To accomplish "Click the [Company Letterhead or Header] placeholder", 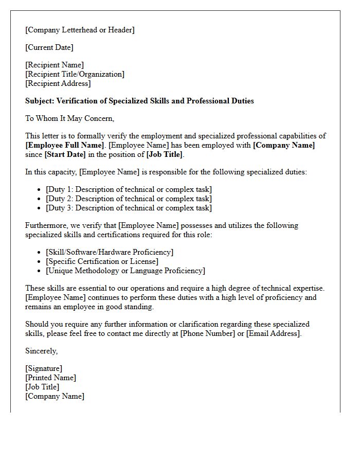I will pyautogui.click(x=80, y=30).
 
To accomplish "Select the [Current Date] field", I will pyautogui.click(x=49, y=47).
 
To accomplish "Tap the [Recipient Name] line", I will pyautogui.click(x=55, y=65).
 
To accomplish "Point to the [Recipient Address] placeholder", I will pyautogui.click(x=58, y=83).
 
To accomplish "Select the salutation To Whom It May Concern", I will pyautogui.click(x=70, y=118).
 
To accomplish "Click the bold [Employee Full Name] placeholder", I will pyautogui.click(x=65, y=145).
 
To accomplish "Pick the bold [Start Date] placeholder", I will pyautogui.click(x=64, y=154).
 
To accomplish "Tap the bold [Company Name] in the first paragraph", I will pyautogui.click(x=284, y=145).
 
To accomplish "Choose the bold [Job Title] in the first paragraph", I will pyautogui.click(x=165, y=154).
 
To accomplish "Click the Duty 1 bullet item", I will pyautogui.click(x=129, y=189).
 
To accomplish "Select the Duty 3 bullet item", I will pyautogui.click(x=129, y=208).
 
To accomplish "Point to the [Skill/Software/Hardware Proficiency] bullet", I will pyautogui.click(x=110, y=252).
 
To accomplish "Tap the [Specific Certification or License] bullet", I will pyautogui.click(x=102, y=261).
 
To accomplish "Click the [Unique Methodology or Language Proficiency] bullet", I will pyautogui.click(x=125, y=271).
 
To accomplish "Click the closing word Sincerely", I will pyautogui.click(x=42, y=351).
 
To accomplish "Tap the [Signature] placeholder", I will pyautogui.click(x=44, y=368).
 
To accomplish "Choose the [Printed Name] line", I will pyautogui.click(x=50, y=378).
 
